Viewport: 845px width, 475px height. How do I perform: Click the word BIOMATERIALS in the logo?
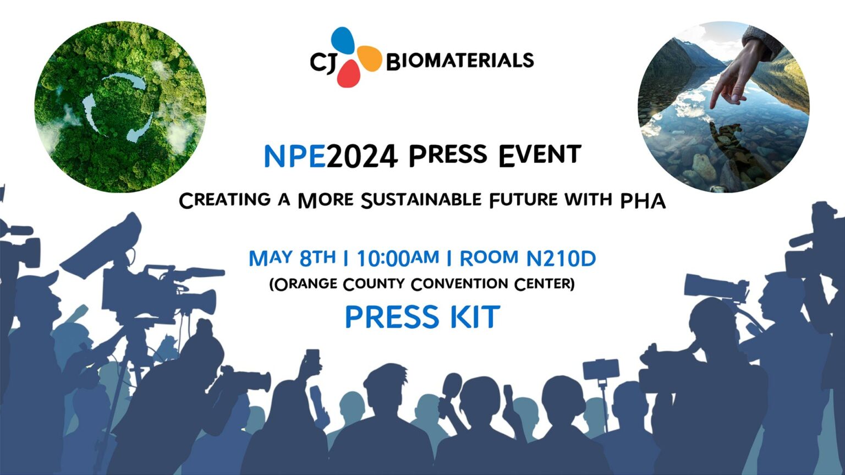pos(460,61)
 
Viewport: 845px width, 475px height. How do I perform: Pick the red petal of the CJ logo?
pos(349,74)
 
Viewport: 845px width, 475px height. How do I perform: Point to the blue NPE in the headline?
pos(295,157)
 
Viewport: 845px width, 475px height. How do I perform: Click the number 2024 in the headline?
pos(362,157)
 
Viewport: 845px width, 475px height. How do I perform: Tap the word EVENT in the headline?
pos(540,156)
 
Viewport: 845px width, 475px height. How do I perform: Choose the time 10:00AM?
pos(397,258)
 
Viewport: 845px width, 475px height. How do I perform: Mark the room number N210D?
pos(561,258)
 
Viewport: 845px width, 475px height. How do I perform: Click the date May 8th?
pos(292,258)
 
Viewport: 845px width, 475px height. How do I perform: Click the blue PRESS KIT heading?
pos(422,316)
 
